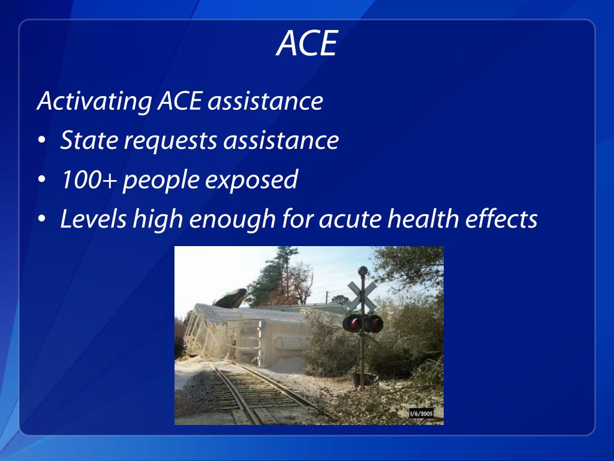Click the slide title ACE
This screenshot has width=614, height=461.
[307, 44]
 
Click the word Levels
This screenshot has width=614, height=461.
[94, 219]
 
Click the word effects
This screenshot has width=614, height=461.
[503, 219]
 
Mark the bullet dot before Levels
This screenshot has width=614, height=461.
[41, 220]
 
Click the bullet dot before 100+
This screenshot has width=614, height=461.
[41, 181]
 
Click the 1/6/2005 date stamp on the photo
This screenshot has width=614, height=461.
[425, 414]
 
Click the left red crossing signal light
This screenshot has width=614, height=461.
[353, 324]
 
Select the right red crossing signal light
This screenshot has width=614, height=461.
[374, 324]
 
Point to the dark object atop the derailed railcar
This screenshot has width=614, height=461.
[231, 298]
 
